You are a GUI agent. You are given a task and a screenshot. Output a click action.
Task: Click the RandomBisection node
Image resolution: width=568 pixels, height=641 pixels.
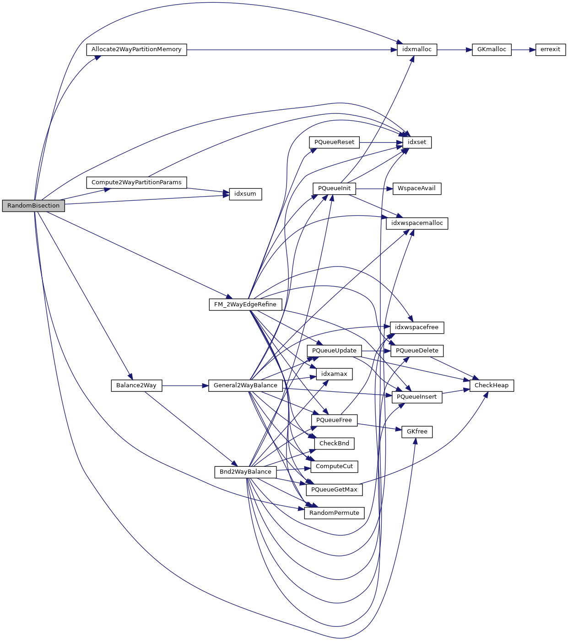click(x=33, y=206)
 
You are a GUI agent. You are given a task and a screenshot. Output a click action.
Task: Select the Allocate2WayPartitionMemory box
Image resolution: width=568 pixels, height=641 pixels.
click(x=136, y=49)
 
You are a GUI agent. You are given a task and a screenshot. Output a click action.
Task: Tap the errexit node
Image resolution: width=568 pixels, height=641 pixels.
click(x=550, y=49)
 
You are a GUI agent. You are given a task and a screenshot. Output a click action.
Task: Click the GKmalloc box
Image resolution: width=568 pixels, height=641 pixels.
click(x=492, y=49)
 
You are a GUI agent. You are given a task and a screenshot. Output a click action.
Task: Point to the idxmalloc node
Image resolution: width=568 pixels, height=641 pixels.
click(x=417, y=49)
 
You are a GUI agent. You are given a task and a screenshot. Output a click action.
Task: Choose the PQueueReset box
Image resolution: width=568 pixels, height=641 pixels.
click(x=334, y=142)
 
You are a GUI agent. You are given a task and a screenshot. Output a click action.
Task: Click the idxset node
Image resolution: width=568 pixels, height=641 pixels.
click(x=417, y=142)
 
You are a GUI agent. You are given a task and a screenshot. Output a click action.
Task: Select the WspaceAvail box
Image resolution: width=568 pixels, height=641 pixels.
click(x=417, y=188)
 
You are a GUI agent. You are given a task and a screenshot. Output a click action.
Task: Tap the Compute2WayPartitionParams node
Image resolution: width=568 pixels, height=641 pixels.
click(x=136, y=182)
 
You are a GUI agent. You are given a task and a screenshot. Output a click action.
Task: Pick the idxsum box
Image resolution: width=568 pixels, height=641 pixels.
click(x=245, y=194)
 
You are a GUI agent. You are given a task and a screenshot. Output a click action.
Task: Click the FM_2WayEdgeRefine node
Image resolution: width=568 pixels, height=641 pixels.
click(x=245, y=304)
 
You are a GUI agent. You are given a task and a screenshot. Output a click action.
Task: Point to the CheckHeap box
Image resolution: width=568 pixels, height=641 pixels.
click(x=492, y=385)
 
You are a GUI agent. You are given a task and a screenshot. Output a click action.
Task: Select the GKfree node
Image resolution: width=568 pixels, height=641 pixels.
click(x=417, y=432)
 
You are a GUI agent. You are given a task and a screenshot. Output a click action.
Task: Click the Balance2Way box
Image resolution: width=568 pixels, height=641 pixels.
click(x=136, y=385)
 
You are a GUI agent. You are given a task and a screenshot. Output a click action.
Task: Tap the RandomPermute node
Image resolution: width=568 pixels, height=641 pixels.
click(x=334, y=513)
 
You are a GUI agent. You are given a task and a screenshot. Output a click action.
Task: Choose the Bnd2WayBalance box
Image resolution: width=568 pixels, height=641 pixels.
click(x=245, y=472)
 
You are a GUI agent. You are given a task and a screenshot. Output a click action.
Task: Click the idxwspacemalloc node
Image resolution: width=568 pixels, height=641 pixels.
click(x=417, y=223)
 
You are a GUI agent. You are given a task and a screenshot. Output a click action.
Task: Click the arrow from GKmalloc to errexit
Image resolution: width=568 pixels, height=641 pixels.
click(x=523, y=49)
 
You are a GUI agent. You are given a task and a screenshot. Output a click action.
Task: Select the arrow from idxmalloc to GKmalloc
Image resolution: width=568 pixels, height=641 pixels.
click(x=454, y=49)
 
